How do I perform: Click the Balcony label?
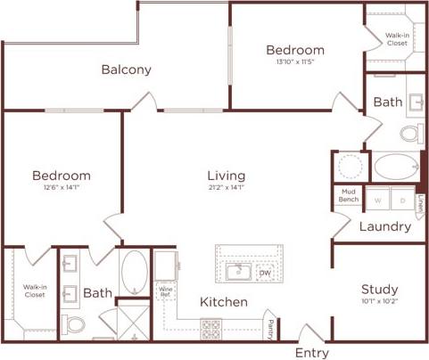[x=126, y=70]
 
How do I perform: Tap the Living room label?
[x=227, y=176]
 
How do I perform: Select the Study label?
[x=379, y=290]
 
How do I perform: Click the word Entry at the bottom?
[x=311, y=353]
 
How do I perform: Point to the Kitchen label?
[x=223, y=302]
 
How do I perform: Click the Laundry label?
[x=384, y=226]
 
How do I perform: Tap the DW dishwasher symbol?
[x=264, y=272]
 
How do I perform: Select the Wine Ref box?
[x=165, y=291]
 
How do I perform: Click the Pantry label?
[x=270, y=327]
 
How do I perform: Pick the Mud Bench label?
[x=348, y=195]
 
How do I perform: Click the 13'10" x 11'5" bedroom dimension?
[x=294, y=62]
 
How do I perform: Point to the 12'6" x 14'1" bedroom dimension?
[x=62, y=187]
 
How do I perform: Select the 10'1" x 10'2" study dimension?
[x=379, y=302]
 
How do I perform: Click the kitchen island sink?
[x=238, y=271]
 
